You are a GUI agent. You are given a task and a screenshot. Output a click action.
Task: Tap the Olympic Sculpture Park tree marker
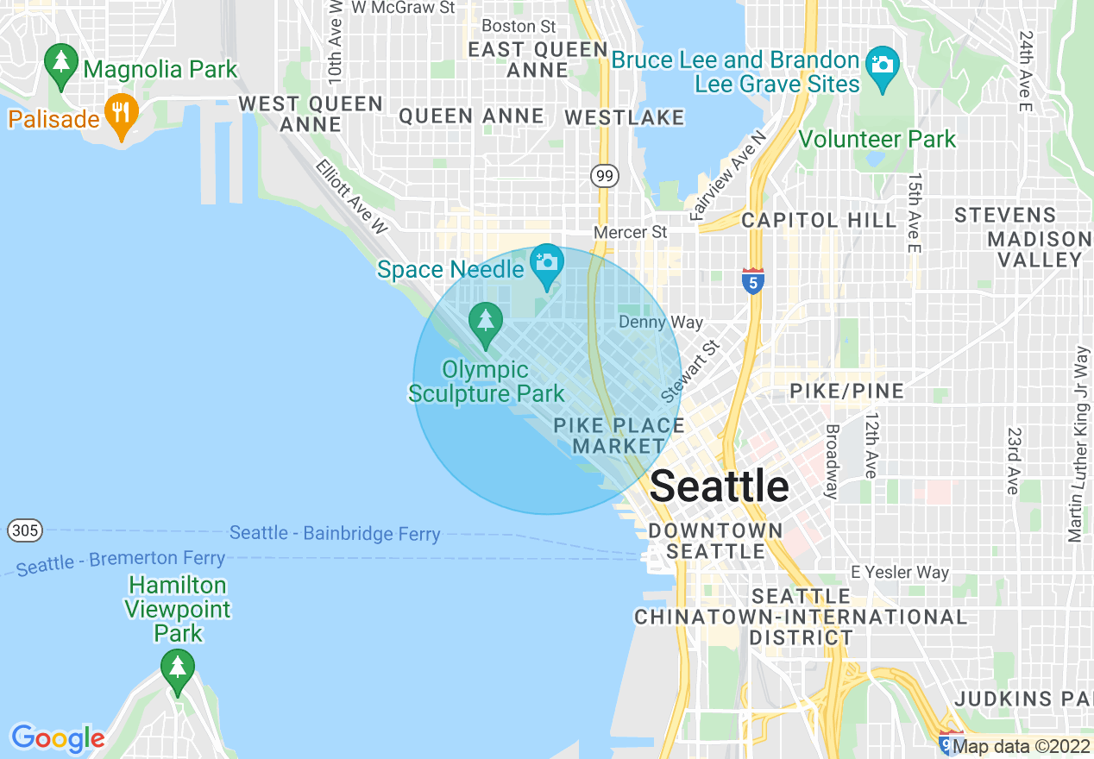click(x=486, y=322)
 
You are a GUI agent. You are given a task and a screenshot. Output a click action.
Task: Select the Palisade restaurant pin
click(x=122, y=112)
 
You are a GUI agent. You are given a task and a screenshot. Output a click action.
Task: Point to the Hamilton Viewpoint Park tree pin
click(x=178, y=668)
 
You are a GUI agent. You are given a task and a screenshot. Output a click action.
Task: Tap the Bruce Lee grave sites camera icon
click(x=882, y=66)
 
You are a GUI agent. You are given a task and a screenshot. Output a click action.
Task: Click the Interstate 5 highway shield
click(x=752, y=280)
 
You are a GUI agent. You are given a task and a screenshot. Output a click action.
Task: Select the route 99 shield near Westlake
click(x=605, y=176)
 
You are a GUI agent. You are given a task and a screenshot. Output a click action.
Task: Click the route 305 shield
click(x=25, y=530)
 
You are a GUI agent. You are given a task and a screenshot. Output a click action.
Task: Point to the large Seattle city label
click(x=719, y=486)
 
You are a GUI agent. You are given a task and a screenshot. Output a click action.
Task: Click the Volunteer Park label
click(x=877, y=139)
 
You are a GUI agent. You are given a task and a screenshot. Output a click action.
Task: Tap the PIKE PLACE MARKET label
click(x=619, y=436)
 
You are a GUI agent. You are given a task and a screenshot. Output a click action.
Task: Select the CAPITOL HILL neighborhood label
click(x=819, y=220)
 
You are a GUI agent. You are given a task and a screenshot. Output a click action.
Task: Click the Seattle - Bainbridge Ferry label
click(x=335, y=534)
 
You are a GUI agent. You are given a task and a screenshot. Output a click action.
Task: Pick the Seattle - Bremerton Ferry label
click(x=121, y=561)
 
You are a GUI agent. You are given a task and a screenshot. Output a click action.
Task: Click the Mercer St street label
click(x=630, y=232)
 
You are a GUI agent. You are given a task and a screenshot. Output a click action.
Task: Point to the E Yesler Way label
click(x=899, y=572)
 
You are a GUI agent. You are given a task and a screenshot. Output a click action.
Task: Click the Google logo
click(x=58, y=738)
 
